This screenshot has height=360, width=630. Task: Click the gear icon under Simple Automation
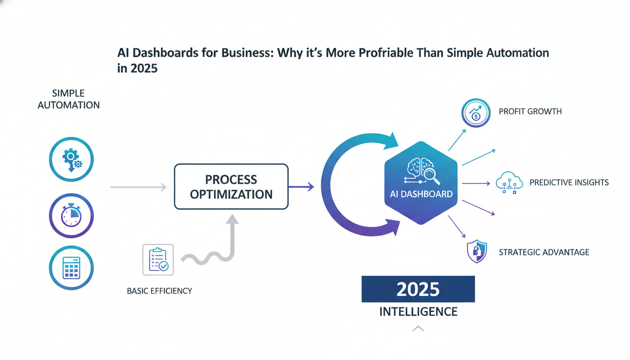(71, 160)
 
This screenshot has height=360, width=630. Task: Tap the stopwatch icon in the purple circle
(71, 216)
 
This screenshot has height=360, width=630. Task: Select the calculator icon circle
(71, 268)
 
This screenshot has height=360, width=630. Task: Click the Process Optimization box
(231, 187)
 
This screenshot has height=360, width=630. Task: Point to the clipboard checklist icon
(158, 259)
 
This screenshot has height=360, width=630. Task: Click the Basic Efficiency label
(159, 291)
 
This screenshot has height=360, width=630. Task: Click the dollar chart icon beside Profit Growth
(476, 113)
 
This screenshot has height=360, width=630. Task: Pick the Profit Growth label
(530, 112)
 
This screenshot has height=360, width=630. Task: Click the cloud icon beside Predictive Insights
(509, 182)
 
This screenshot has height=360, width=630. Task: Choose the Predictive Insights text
(569, 182)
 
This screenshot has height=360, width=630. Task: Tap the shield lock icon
(477, 252)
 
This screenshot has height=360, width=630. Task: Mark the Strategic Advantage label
(544, 252)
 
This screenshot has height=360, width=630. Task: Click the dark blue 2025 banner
(418, 289)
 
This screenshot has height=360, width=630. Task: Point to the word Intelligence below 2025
(418, 311)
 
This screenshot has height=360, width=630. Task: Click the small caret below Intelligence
(418, 329)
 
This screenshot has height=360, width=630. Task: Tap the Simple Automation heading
(68, 99)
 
